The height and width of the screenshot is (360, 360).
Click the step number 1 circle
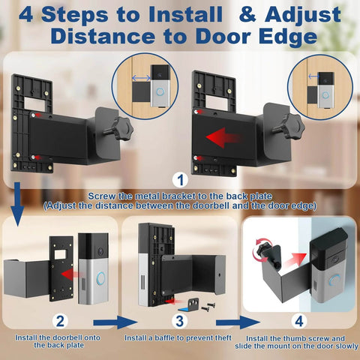(x=180, y=180)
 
